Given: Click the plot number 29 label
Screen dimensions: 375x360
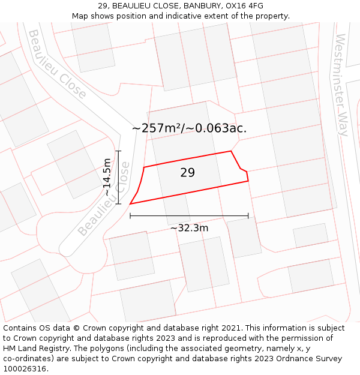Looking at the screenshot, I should tap(187, 173).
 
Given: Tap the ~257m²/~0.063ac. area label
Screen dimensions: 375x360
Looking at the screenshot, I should tap(189, 128).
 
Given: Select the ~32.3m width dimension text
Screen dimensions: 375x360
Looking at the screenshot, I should tap(189, 228).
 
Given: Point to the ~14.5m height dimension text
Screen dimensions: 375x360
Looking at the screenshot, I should tap(107, 177).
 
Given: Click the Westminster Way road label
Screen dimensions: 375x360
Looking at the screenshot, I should tap(342, 85).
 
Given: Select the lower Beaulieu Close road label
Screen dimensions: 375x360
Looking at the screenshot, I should tap(103, 201).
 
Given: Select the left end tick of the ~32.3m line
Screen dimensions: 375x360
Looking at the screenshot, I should tap(130, 216).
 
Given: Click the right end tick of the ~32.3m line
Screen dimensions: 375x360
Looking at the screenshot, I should tap(248, 216).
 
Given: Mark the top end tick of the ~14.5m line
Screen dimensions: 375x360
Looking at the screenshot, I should tap(119, 151).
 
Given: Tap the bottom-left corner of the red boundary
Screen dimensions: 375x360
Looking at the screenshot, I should tap(130, 204).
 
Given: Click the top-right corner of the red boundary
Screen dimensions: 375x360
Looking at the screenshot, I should tap(231, 151).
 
